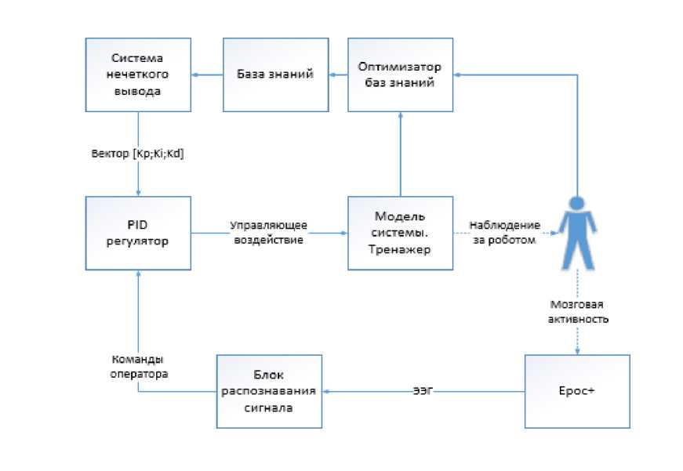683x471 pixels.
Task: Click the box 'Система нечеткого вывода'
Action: pyautogui.click(x=137, y=74)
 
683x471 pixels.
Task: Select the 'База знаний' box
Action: pyautogui.click(x=275, y=74)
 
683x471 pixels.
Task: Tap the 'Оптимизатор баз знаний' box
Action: pyautogui.click(x=401, y=74)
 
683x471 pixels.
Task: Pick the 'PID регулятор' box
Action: pyautogui.click(x=137, y=233)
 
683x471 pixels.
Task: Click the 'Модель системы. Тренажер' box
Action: pyautogui.click(x=401, y=233)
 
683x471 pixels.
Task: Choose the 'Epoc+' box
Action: pyautogui.click(x=576, y=391)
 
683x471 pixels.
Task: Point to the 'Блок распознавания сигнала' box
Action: pyautogui.click(x=269, y=391)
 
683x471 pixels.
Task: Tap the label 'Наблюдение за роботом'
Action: pyautogui.click(x=504, y=233)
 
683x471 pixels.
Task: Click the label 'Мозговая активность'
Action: pyautogui.click(x=577, y=312)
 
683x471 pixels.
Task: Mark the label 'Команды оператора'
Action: pyautogui.click(x=138, y=368)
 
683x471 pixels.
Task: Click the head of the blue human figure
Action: pyautogui.click(x=577, y=200)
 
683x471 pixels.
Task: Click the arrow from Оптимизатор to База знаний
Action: pyautogui.click(x=338, y=74)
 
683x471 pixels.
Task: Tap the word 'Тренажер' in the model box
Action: pyautogui.click(x=401, y=248)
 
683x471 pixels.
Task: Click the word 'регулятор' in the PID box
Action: pyautogui.click(x=137, y=241)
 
